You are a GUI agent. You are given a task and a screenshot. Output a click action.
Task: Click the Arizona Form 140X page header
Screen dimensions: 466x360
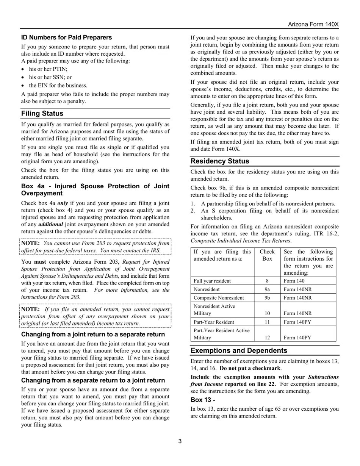(x=313, y=24)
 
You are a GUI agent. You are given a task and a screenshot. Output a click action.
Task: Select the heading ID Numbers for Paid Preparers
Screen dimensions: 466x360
(x=66, y=38)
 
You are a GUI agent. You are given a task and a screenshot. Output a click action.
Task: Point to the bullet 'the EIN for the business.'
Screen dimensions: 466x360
(x=58, y=85)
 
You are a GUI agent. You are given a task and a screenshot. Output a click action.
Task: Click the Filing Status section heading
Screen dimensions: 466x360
(x=42, y=114)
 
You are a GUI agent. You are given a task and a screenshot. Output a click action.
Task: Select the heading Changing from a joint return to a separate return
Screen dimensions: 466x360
(x=93, y=335)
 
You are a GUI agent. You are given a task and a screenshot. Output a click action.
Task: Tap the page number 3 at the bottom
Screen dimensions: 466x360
(x=180, y=441)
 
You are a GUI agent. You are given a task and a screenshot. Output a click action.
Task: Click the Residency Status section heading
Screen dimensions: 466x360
(x=220, y=161)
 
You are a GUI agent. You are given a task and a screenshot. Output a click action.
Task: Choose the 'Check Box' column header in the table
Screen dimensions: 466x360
(x=267, y=255)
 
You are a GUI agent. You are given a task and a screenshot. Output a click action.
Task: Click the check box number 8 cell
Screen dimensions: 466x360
(x=267, y=281)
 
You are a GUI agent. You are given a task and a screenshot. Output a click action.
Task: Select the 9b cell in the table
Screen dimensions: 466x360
(x=267, y=298)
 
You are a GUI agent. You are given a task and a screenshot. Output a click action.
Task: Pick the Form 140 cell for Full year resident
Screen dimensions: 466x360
(x=294, y=281)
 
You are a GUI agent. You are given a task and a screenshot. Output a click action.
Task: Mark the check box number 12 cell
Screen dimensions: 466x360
(x=267, y=338)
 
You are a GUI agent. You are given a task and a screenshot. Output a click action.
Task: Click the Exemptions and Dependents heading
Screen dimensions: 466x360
(x=239, y=350)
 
